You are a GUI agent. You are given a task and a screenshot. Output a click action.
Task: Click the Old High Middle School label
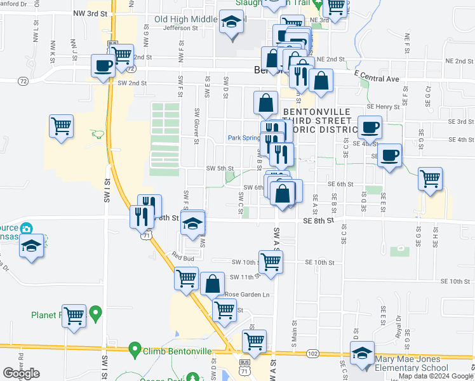(x=186, y=19)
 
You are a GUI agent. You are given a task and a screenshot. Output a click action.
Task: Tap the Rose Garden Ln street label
(x=247, y=295)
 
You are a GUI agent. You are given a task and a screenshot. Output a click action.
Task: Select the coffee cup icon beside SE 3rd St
(x=369, y=127)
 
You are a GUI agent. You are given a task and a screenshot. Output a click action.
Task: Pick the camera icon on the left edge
(x=26, y=228)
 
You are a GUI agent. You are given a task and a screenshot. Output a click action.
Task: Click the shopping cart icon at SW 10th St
(x=271, y=261)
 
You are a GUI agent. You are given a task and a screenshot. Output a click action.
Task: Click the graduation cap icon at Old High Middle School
(x=232, y=22)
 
